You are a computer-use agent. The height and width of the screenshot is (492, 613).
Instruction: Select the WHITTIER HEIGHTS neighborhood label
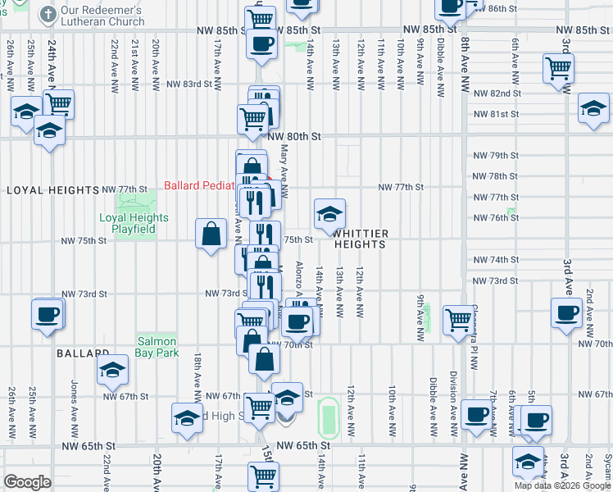click(360, 239)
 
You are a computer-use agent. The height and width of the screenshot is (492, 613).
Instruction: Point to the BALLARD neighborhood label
click(83, 353)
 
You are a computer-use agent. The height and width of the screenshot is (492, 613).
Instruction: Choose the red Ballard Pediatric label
click(201, 185)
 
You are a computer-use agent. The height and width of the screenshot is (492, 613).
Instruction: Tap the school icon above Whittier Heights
click(329, 215)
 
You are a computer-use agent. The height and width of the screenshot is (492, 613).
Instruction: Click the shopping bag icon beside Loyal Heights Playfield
click(211, 234)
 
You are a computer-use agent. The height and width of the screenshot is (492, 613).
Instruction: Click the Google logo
click(27, 481)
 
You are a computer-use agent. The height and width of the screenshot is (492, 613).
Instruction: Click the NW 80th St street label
click(293, 136)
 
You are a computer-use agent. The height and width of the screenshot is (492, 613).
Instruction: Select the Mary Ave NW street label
click(284, 173)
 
